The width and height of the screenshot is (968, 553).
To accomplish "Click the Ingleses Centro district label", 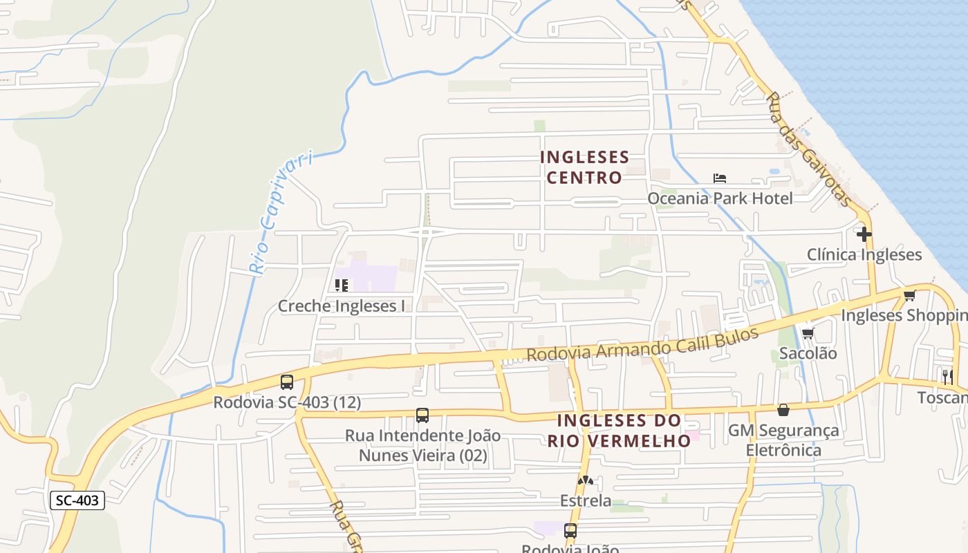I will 585,167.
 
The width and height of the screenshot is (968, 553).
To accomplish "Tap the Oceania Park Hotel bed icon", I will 720,178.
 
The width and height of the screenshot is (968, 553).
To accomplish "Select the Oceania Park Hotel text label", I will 720,198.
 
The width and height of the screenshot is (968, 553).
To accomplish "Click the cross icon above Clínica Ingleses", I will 864,234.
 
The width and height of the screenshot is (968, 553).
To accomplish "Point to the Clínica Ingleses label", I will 864,254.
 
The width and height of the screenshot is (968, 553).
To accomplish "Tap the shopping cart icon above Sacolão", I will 808,334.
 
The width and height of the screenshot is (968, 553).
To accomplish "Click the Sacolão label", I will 808,353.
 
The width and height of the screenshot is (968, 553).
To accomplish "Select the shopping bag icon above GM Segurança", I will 783,410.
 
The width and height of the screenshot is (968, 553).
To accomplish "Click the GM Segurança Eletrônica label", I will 783,440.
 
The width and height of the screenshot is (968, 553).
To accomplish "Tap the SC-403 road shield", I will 77,500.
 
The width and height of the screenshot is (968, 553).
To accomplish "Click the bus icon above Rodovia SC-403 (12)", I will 287,382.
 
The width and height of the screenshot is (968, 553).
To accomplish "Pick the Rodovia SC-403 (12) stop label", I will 287,402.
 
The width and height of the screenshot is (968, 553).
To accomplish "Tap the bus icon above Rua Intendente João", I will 422,415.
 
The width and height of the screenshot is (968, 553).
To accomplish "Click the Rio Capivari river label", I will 279,214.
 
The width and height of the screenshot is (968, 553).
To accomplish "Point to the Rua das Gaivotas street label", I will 808,149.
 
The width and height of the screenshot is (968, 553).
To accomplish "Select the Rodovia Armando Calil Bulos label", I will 642,344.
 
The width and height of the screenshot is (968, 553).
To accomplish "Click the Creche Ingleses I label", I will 342,306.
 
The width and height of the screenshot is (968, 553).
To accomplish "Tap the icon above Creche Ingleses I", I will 341,285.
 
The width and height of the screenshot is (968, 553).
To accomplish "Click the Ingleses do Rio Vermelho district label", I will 619,430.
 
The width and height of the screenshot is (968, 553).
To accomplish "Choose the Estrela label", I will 586,500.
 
